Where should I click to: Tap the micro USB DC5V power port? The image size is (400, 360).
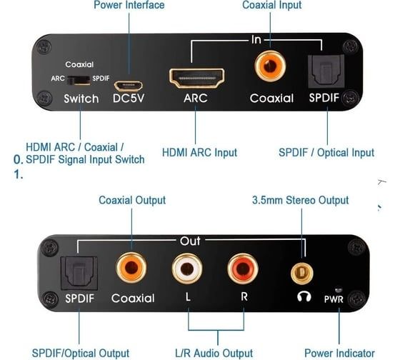coord(128,85)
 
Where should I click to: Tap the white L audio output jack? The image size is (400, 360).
coord(186,269)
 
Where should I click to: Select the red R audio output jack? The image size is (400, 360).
coord(242,269)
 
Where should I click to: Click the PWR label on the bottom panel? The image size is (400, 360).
coord(334,299)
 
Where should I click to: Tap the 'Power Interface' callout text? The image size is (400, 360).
coord(129,6)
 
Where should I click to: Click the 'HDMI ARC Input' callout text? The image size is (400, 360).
coord(199,152)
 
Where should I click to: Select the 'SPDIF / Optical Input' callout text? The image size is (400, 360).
coord(326,152)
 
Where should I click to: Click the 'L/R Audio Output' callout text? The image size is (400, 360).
coord(213,353)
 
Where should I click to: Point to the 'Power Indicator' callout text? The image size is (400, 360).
coord(339,353)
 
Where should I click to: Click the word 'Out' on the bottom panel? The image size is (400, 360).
coord(190,241)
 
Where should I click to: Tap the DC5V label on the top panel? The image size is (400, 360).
coord(129,99)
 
